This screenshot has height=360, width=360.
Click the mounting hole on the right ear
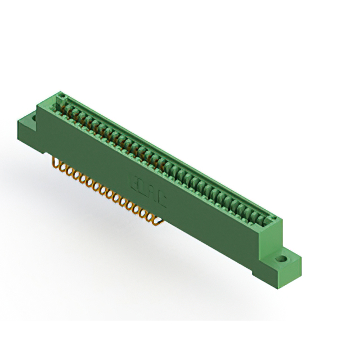click(x=282, y=260)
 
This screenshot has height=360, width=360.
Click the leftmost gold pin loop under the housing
click(x=56, y=164)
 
